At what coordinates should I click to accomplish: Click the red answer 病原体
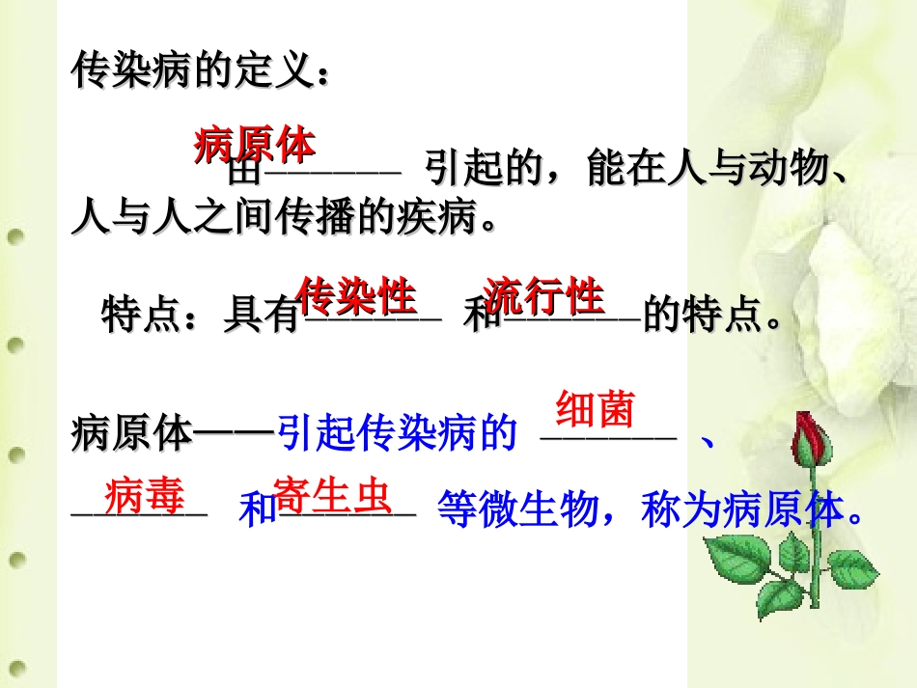pos(254,145)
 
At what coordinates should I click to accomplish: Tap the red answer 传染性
pos(356,296)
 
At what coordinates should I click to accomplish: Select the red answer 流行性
pos(545,296)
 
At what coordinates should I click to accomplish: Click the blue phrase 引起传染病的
pos(398,435)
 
